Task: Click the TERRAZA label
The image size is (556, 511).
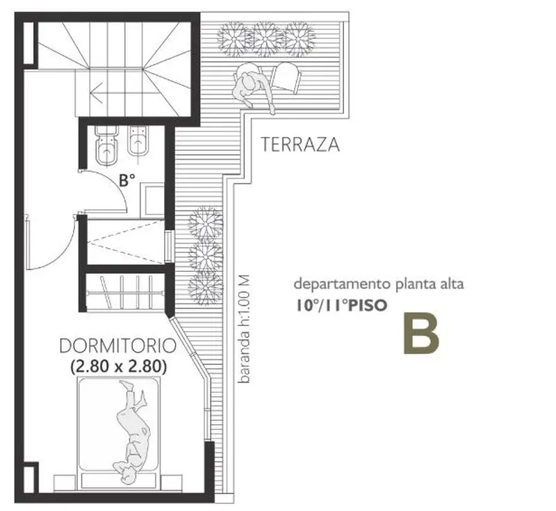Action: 300,145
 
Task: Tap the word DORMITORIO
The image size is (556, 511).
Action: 117,346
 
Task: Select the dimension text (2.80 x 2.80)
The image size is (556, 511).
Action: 118,366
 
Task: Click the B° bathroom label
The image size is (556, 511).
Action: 126,180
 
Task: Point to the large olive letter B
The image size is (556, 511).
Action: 421,333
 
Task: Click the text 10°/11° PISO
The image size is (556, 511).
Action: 341,305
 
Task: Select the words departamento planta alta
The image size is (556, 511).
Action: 379,284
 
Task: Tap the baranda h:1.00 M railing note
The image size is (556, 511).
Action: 244,329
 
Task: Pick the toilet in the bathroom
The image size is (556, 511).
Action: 106,145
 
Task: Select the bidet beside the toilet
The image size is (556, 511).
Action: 138,140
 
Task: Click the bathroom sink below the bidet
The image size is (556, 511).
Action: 152,200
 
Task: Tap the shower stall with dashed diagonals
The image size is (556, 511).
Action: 126,242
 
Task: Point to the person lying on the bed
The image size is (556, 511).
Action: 133,432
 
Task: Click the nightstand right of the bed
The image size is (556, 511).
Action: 171,482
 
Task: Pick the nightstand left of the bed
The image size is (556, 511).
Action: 65,483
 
